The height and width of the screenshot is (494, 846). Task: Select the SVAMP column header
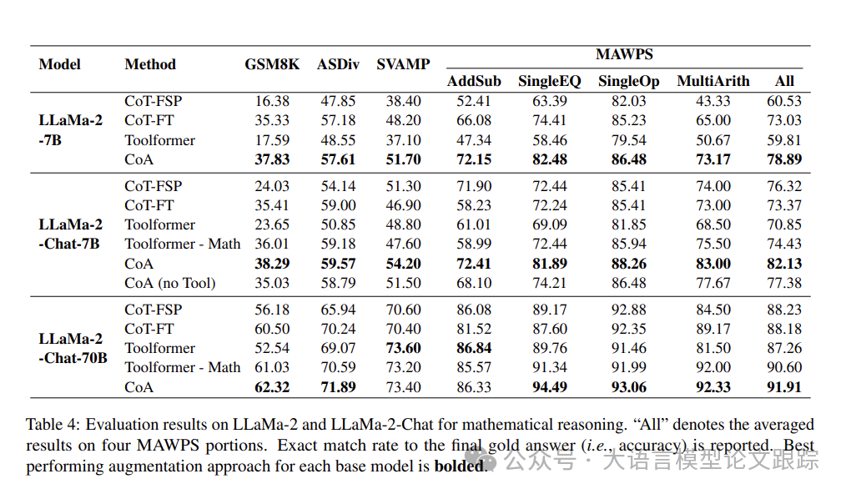pyautogui.click(x=403, y=64)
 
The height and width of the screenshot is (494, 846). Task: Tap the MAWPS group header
pyautogui.click(x=624, y=55)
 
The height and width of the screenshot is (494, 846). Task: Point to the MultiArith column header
pyautogui.click(x=713, y=81)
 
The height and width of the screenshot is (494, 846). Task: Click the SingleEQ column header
pyautogui.click(x=549, y=81)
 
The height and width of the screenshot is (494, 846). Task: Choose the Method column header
pyautogui.click(x=150, y=64)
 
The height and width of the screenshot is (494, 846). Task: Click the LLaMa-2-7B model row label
pyautogui.click(x=71, y=129)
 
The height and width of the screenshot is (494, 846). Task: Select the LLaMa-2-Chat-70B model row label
pyautogui.click(x=73, y=349)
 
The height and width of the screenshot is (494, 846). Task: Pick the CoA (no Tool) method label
pyautogui.click(x=170, y=283)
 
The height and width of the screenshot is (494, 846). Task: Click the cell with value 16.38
pyautogui.click(x=273, y=101)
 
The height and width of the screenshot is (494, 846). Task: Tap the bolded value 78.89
pyautogui.click(x=784, y=159)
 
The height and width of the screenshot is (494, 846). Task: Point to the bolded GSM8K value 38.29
pyautogui.click(x=273, y=264)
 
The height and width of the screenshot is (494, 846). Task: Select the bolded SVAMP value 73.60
pyautogui.click(x=403, y=348)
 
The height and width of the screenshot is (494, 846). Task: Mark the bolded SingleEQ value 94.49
pyautogui.click(x=549, y=387)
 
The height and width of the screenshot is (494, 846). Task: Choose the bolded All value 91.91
pyautogui.click(x=784, y=387)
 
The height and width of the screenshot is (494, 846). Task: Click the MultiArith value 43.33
pyautogui.click(x=713, y=101)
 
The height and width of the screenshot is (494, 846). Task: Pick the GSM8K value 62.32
pyautogui.click(x=273, y=387)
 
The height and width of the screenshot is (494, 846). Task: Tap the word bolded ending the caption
pyautogui.click(x=458, y=466)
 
